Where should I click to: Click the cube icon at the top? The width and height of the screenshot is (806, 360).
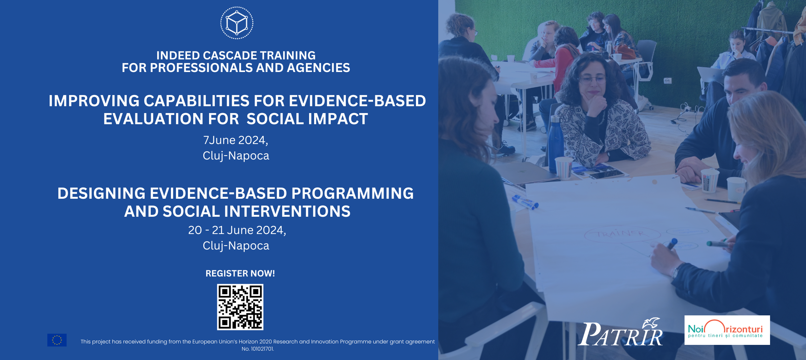(x=237, y=23)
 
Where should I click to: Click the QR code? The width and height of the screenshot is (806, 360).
(x=240, y=307)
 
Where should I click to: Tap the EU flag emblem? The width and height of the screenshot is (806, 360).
(x=57, y=340)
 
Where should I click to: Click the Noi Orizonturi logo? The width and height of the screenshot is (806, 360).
(x=726, y=330)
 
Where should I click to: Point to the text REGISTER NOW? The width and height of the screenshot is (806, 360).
(x=240, y=274)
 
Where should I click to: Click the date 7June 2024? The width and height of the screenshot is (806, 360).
(x=235, y=140)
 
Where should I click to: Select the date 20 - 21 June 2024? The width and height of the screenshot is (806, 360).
(x=237, y=230)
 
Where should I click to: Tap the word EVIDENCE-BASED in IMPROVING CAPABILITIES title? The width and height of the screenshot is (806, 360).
(x=357, y=101)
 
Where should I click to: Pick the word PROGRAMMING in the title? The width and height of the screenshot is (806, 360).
(x=352, y=193)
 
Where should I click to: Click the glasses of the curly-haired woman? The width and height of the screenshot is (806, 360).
(x=592, y=80)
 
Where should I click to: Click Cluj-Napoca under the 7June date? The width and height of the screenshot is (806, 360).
(x=236, y=156)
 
